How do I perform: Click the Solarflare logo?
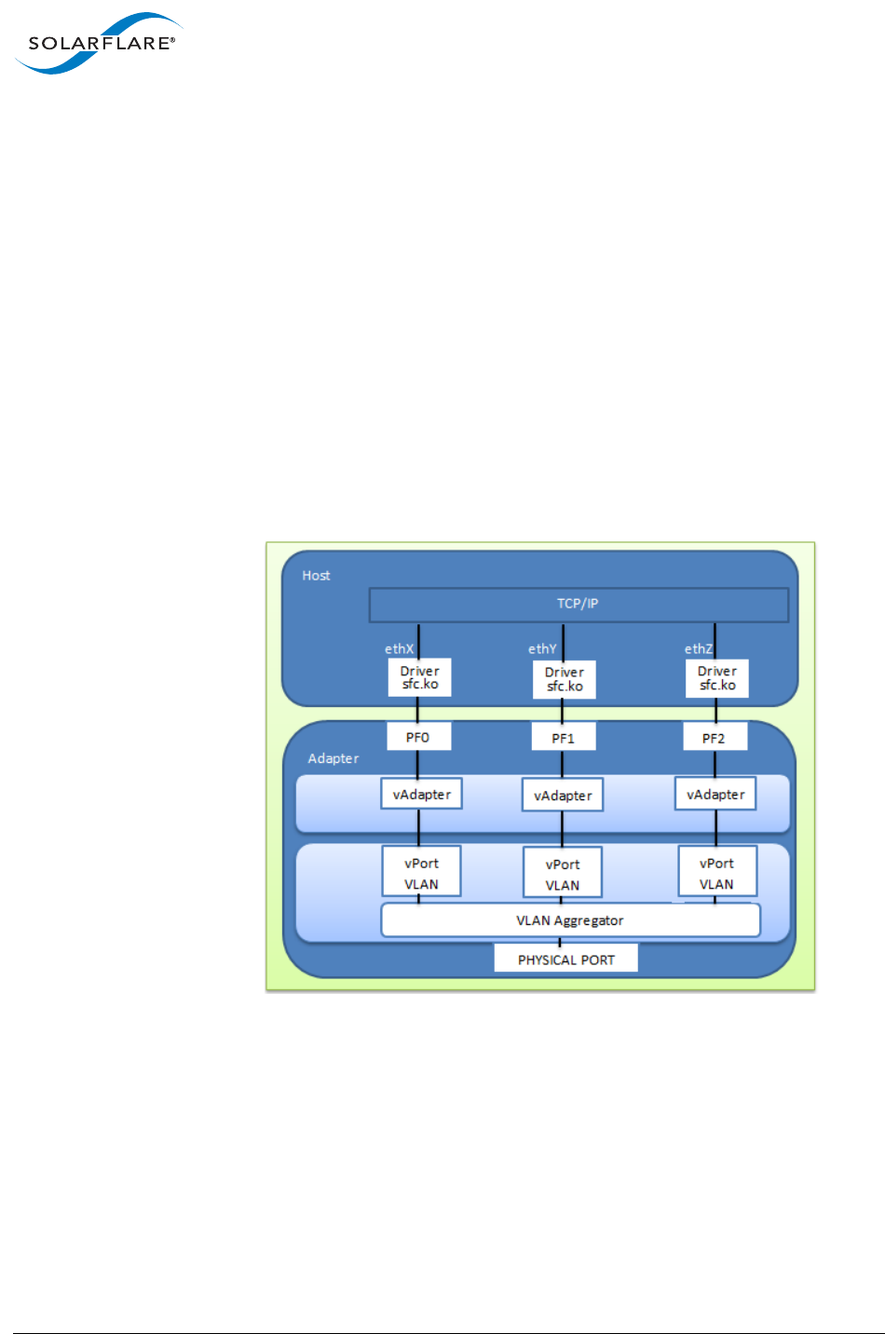(x=100, y=43)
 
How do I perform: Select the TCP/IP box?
(x=579, y=604)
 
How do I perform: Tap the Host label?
(x=316, y=576)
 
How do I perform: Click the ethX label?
(x=399, y=648)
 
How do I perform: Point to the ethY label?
(x=542, y=648)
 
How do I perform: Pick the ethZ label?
(x=698, y=648)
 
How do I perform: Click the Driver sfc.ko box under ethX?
(x=419, y=677)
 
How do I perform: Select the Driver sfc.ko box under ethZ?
(x=717, y=677)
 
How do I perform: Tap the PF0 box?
(x=418, y=737)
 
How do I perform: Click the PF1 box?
(x=563, y=738)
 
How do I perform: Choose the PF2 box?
(x=714, y=738)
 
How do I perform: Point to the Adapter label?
(x=333, y=758)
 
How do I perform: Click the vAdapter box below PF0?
(x=422, y=795)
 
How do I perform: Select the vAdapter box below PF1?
(x=563, y=796)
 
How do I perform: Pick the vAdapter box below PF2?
(x=715, y=795)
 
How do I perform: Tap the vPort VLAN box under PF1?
(x=563, y=874)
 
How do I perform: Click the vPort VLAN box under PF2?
(x=716, y=873)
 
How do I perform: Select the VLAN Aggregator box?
(x=570, y=920)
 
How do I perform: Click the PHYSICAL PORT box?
(x=566, y=960)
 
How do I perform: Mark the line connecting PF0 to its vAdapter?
(x=417, y=765)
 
